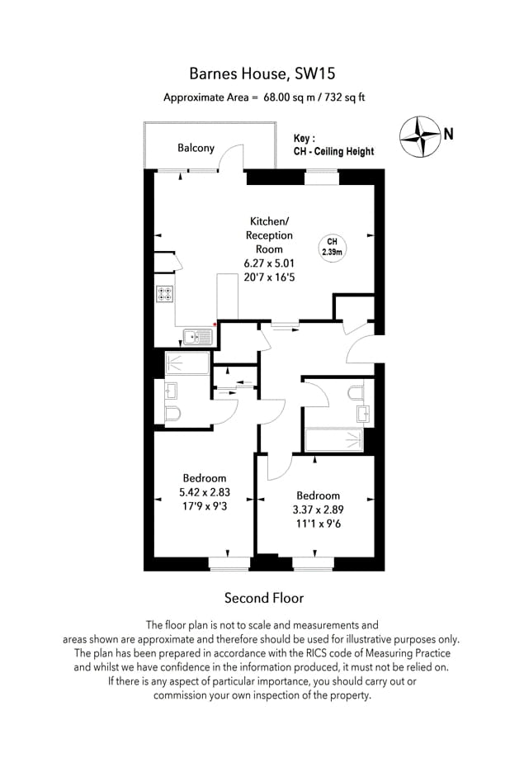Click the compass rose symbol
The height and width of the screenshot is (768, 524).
[x=420, y=136]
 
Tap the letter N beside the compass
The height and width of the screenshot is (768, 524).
[x=448, y=134]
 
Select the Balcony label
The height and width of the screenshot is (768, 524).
[x=196, y=148]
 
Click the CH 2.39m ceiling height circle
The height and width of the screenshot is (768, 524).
[x=333, y=248]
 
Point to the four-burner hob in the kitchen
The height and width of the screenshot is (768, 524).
[x=165, y=294]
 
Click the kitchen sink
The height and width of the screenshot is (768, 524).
[x=198, y=337]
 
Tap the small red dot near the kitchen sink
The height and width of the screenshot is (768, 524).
[x=215, y=325]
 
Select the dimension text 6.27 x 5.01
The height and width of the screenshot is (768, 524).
[x=269, y=263]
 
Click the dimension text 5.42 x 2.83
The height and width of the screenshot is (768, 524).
[x=205, y=492]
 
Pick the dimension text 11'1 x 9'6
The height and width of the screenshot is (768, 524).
[x=318, y=524]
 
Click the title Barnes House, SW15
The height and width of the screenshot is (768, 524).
[x=262, y=73]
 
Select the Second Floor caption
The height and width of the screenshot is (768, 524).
[x=264, y=598]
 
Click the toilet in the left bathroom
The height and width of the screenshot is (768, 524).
[x=172, y=415]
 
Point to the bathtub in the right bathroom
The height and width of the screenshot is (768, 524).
[x=334, y=440]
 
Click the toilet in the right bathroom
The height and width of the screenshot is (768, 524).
[x=356, y=393]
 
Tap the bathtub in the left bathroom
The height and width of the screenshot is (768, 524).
[x=186, y=363]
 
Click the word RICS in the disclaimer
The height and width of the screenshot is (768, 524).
[x=319, y=653]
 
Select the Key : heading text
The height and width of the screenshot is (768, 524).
[x=304, y=138]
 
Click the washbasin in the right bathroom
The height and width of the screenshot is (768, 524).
[x=362, y=414]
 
